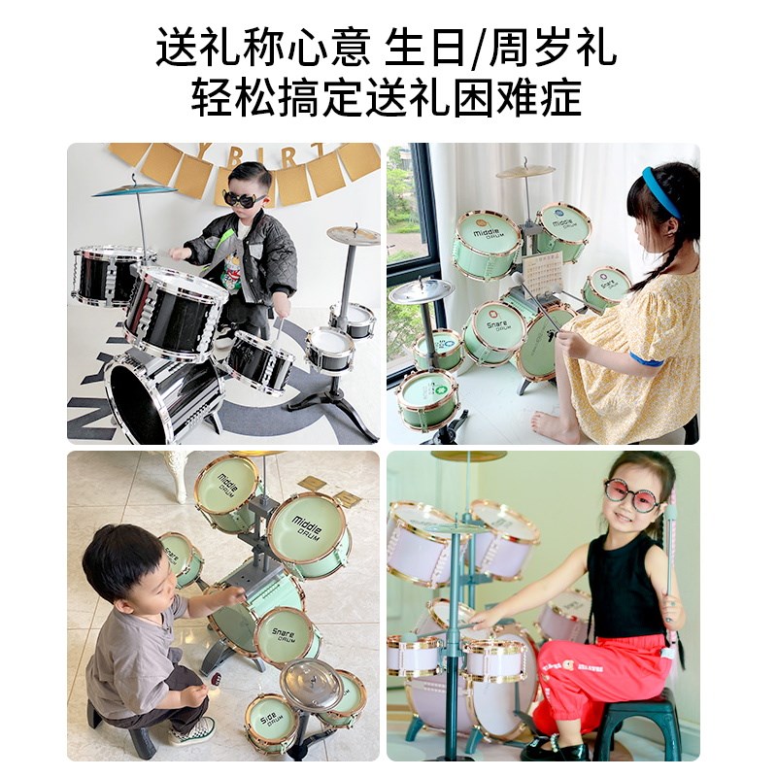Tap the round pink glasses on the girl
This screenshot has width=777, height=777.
631,494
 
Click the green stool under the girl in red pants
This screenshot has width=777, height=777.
637,724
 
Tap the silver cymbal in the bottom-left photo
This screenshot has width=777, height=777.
312,684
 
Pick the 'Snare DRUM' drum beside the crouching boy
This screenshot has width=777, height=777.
284,636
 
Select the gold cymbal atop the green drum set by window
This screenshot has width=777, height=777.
524,171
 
